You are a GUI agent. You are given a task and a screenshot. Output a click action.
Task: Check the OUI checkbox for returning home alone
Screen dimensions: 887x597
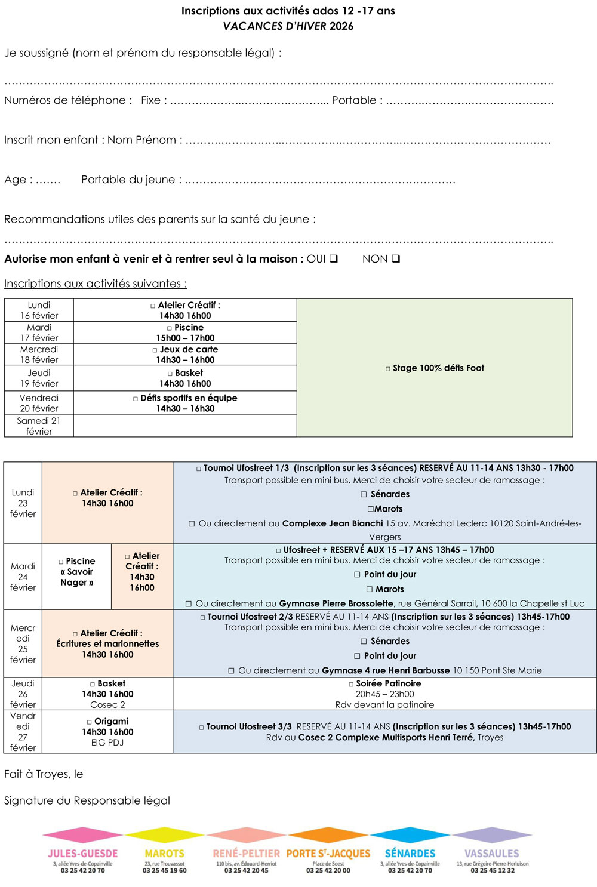334,258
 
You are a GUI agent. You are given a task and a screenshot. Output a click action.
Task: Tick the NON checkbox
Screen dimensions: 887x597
396,258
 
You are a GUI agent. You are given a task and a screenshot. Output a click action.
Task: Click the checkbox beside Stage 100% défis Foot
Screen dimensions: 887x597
388,369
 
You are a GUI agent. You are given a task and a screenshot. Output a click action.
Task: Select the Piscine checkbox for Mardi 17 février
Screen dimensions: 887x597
170,328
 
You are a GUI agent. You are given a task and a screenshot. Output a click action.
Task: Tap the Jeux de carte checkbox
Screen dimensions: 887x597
155,350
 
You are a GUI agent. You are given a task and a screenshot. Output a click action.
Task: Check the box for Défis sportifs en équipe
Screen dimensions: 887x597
136,398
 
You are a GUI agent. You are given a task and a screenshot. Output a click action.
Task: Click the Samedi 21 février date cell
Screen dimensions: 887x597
39,426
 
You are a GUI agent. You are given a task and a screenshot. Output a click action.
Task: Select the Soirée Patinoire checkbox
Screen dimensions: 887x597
351,684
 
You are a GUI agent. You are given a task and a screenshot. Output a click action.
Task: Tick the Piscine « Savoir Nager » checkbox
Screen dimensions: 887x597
61,562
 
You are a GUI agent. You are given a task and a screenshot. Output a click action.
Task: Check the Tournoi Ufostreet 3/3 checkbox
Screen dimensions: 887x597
201,727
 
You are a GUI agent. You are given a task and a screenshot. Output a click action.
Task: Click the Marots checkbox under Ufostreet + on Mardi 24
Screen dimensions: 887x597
369,589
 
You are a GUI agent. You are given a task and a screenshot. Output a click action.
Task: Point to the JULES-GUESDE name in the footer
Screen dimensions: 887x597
82,854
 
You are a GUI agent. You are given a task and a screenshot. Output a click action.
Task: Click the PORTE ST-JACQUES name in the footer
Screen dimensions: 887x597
328,854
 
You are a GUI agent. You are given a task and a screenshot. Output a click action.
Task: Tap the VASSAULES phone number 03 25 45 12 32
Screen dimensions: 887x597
492,870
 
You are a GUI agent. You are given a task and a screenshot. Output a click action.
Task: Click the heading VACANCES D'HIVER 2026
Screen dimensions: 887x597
288,26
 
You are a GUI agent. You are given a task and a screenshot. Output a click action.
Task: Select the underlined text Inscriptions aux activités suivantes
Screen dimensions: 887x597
96,284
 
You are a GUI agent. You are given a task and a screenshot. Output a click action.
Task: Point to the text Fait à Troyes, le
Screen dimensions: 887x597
44,774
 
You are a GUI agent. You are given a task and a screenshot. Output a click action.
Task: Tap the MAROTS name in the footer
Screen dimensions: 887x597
164,854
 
